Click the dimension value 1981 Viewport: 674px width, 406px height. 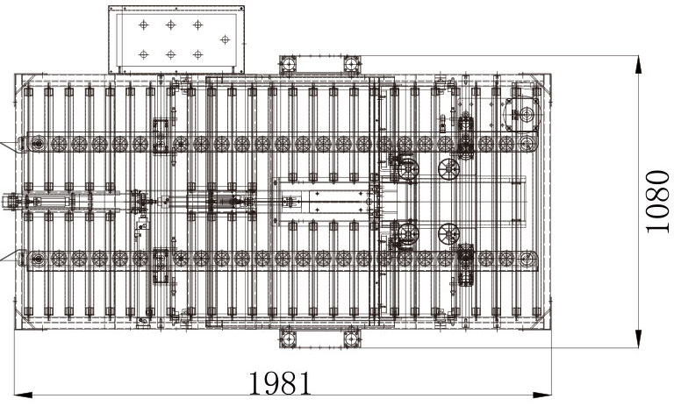click(280, 383)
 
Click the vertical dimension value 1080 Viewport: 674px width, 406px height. click(658, 202)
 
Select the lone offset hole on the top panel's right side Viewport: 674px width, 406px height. click(225, 39)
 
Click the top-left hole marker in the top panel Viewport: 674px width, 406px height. click(144, 25)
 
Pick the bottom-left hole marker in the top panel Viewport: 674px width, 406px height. click(144, 54)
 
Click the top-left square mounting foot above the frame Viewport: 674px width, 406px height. click(289, 65)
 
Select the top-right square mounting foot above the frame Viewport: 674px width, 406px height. click(351, 65)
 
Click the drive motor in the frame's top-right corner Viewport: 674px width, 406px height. click(523, 114)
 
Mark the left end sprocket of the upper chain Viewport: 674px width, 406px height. click(37, 143)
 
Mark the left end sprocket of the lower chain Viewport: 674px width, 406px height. click(37, 259)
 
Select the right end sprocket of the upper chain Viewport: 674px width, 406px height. click(528, 143)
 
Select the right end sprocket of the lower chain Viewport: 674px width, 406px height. click(528, 259)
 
